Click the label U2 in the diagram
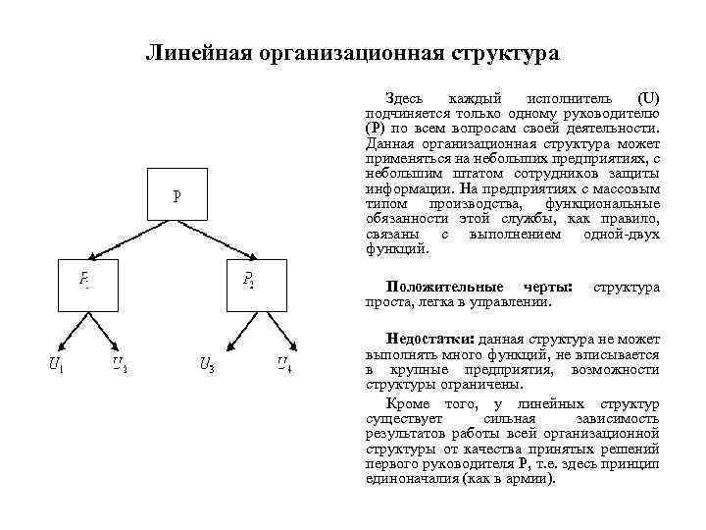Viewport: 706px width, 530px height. pos(119,365)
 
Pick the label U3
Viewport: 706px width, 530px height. pos(207,365)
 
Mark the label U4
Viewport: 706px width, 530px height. pos(283,365)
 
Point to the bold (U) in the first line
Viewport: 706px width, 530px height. pos(648,99)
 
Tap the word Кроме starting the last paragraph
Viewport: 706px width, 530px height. pos(407,403)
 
